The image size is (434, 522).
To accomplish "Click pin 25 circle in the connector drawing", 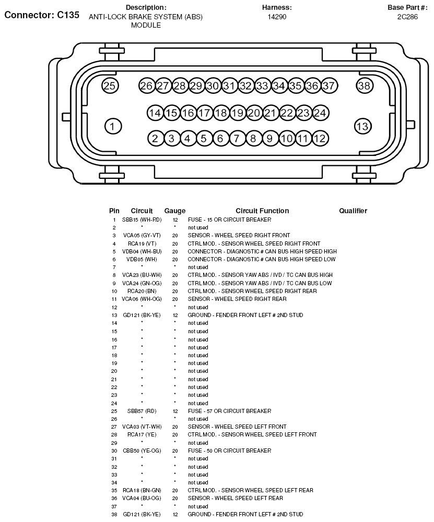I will coord(110,86).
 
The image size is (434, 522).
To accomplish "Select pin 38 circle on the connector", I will coord(364,86).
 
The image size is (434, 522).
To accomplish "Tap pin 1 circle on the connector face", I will coord(113,126).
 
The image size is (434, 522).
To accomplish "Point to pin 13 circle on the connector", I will coord(362,126).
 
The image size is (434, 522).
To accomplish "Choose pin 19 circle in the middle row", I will coord(238,113).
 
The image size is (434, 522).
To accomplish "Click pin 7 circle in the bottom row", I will coord(237,138).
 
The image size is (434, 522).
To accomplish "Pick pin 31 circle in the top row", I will coord(229,86).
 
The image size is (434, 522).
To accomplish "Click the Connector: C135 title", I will coord(42,15).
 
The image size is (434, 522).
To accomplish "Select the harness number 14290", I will coord(277,17).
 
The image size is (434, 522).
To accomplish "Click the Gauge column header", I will coord(175,211).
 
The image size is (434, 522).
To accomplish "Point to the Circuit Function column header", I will coord(262,211).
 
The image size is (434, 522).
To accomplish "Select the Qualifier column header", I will coord(353,211).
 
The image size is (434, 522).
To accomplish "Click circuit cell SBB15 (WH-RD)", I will coord(142,220).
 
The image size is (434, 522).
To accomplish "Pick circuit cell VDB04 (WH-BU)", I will coord(142,251).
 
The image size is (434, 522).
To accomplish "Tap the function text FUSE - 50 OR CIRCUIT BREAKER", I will coord(229,451).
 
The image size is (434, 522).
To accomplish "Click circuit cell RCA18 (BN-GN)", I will coord(142,490).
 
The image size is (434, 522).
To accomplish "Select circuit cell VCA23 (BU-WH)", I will coord(142,275).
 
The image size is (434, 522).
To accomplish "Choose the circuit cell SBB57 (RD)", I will coord(142,411).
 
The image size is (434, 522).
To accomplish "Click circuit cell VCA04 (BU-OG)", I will coord(142,498).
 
